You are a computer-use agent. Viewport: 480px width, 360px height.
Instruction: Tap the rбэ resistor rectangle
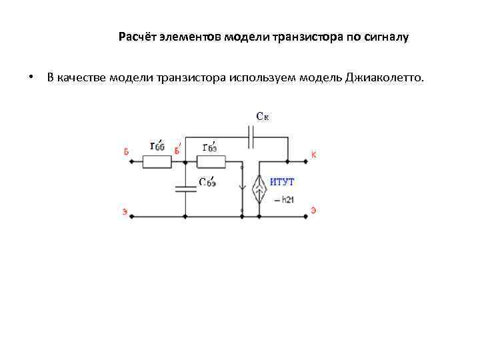click(x=211, y=161)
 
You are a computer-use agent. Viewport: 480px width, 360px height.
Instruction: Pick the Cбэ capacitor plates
click(x=185, y=189)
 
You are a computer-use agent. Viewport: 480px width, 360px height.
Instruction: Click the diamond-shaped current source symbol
click(x=259, y=189)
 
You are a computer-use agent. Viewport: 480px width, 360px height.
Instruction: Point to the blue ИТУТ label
click(x=281, y=181)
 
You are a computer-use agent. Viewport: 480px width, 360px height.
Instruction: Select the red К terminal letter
click(x=313, y=155)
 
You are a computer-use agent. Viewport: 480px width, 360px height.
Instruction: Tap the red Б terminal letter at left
click(x=126, y=151)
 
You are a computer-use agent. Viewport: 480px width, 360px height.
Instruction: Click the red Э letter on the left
click(x=125, y=212)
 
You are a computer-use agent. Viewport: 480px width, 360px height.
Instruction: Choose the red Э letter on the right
click(x=313, y=211)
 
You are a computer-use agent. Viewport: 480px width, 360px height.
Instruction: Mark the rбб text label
click(x=157, y=146)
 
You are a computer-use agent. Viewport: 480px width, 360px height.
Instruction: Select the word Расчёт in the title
click(x=137, y=37)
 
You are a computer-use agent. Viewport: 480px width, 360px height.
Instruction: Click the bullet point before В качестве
click(x=31, y=78)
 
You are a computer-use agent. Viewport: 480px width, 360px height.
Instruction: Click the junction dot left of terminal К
click(x=287, y=161)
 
